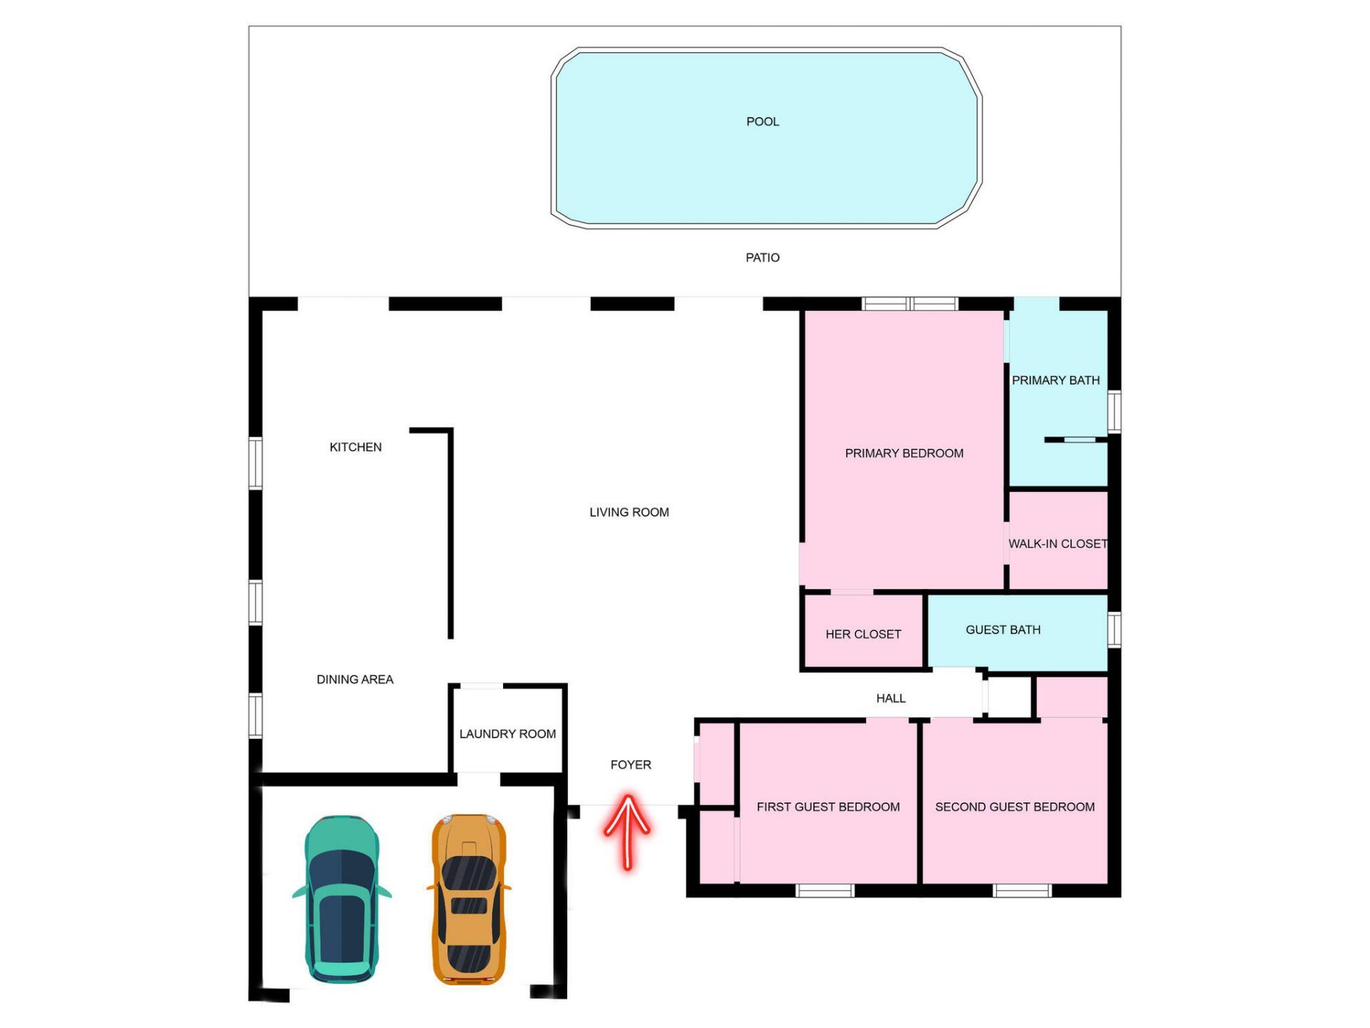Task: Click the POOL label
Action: (x=762, y=122)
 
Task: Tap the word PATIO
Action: (x=762, y=258)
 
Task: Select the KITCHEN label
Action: (x=355, y=448)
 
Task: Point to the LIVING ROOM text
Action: (x=629, y=513)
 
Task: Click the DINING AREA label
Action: (x=355, y=680)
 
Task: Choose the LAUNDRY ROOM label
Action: (x=507, y=734)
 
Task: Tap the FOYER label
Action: (x=631, y=765)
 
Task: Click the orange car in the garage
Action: (x=469, y=899)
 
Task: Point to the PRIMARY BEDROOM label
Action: (x=904, y=453)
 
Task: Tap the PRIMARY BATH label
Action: (x=1055, y=381)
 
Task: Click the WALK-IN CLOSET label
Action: (x=1057, y=544)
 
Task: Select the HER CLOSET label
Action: (x=863, y=635)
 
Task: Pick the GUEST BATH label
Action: (x=1003, y=630)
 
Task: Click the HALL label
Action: (x=890, y=698)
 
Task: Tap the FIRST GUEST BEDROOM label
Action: (x=828, y=807)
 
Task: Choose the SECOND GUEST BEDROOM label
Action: (x=1015, y=807)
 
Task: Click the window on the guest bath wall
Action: (x=1114, y=629)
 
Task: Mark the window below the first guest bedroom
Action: (x=825, y=890)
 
